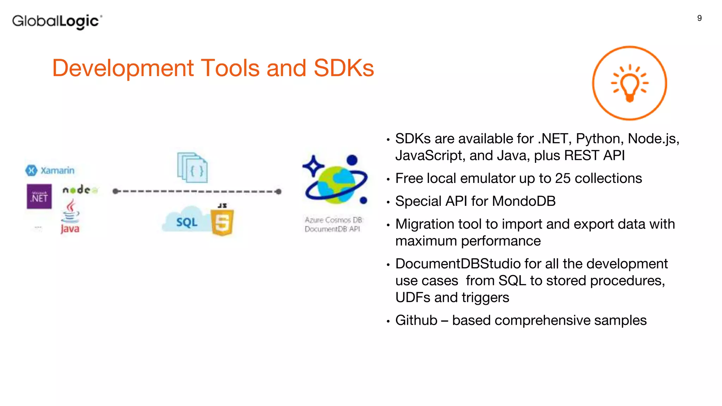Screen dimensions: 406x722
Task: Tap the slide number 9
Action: coord(699,18)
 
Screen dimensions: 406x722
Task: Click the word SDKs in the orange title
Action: coord(343,68)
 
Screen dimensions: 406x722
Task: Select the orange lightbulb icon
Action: coord(630,83)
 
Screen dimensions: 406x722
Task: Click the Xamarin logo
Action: coord(50,171)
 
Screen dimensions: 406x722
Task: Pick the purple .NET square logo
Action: coord(39,197)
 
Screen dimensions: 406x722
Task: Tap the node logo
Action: coord(80,190)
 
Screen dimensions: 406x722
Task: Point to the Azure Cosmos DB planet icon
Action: coord(335,180)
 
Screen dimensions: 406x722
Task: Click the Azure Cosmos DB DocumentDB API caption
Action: coord(333,224)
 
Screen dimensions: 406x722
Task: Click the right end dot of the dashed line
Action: coord(279,192)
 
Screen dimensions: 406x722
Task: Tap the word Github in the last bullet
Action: coord(416,320)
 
